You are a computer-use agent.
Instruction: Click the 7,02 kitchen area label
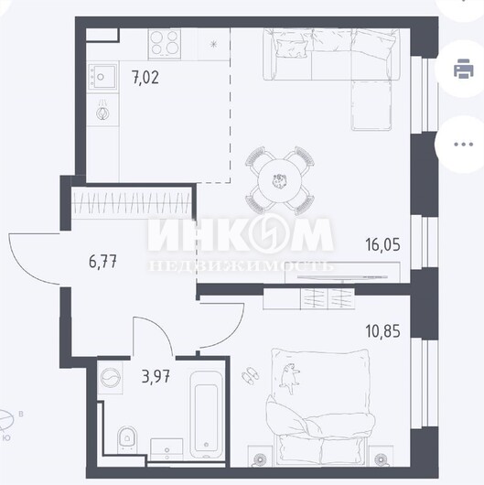point(145,78)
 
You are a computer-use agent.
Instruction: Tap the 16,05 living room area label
point(382,244)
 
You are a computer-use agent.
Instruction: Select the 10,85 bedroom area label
point(382,331)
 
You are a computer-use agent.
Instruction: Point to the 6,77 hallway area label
point(102,263)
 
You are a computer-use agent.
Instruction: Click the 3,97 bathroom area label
point(156,376)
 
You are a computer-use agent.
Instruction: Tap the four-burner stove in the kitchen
point(165,43)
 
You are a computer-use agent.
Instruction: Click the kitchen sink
point(103,76)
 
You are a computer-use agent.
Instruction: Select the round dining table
point(280,181)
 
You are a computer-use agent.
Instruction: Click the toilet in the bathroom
point(127,439)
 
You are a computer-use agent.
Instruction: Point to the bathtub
point(206,415)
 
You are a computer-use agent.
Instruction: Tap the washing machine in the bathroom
point(110,378)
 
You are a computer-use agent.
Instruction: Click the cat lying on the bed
point(290,379)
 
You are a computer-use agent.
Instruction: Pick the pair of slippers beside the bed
point(250,375)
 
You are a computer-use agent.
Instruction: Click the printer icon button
point(463,69)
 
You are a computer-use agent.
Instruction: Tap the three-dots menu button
point(463,145)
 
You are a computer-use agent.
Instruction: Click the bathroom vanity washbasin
point(167,449)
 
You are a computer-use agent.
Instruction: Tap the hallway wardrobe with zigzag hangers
point(131,202)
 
